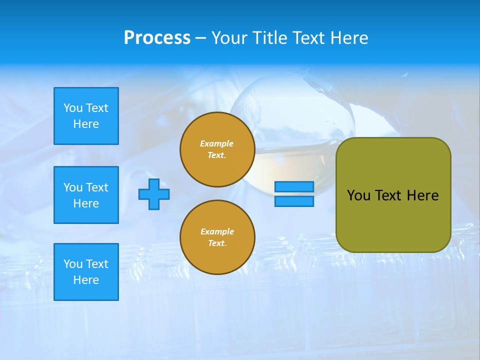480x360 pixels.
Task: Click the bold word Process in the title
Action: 157,38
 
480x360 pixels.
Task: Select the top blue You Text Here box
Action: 86,116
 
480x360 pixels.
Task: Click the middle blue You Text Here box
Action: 86,195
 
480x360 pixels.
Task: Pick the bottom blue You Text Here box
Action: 86,272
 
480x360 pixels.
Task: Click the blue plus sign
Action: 154,194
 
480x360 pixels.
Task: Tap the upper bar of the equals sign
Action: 294,187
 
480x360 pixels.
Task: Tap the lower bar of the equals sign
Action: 294,201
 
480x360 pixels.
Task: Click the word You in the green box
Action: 358,195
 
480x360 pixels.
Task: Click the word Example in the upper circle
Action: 216,143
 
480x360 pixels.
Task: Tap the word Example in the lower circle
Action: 217,231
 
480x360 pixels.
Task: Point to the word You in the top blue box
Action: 73,108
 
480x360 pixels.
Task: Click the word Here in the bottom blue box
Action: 86,280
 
